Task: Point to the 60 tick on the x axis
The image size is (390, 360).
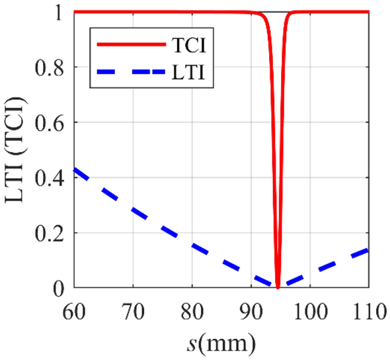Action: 74,308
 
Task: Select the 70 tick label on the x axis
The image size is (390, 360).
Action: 133,308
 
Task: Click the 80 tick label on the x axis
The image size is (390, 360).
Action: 192,308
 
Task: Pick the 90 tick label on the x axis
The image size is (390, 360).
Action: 251,308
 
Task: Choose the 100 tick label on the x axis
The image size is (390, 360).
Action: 309,308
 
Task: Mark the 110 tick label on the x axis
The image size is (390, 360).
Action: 367,308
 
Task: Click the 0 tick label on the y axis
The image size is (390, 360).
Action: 60,289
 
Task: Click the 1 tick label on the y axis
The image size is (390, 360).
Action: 60,13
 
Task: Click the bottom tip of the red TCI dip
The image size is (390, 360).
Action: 278,287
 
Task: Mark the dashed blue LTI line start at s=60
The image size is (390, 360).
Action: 75,169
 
